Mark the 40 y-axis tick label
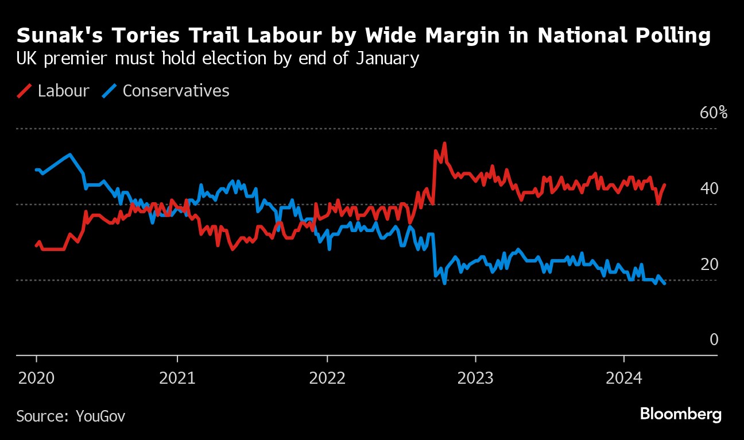click(710, 188)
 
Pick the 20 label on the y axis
click(710, 265)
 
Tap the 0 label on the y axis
click(714, 340)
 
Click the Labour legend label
click(63, 91)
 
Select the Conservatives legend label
click(176, 91)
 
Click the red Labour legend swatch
click(24, 91)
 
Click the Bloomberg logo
click(680, 414)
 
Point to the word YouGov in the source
click(100, 416)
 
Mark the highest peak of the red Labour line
click(444, 144)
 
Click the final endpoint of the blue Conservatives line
click(665, 284)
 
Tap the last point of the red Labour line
click(665, 184)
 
